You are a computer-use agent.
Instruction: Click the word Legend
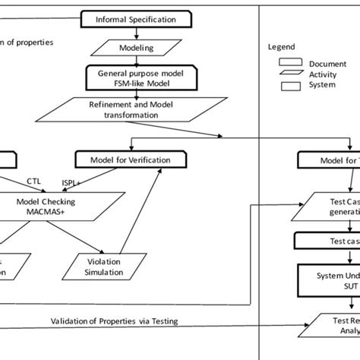tap(280, 46)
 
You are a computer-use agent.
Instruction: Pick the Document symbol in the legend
tap(289, 63)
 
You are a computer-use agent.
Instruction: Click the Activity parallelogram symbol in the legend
tap(289, 74)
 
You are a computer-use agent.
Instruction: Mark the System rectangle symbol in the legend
tap(289, 86)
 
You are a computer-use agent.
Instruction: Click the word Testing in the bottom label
tap(164, 321)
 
